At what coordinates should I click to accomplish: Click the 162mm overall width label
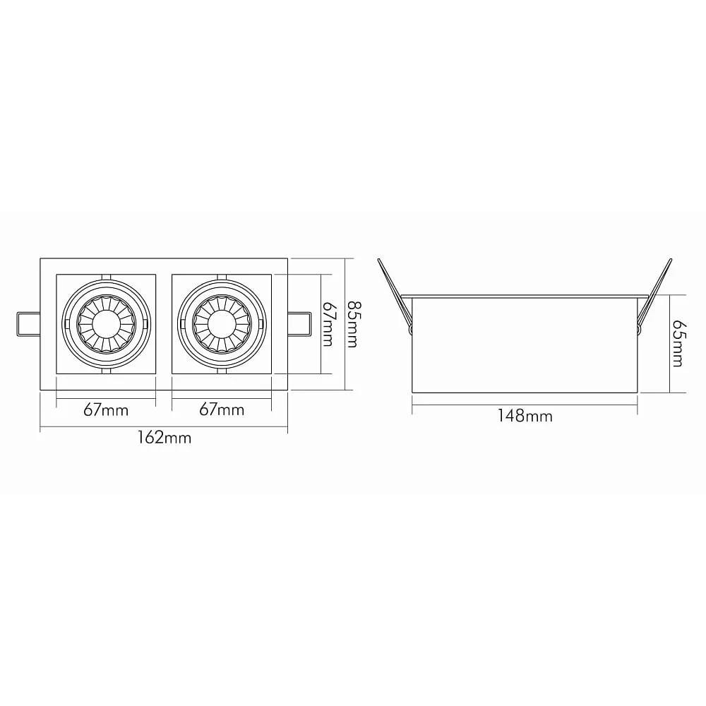[164, 438]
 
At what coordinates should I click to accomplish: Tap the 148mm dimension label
[525, 416]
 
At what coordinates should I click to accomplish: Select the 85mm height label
[352, 324]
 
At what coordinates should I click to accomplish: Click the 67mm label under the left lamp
[106, 410]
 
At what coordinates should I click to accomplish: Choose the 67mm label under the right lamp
[222, 409]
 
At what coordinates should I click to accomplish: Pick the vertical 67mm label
[328, 324]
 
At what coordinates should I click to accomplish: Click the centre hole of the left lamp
[106, 323]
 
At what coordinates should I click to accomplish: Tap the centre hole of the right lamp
[222, 323]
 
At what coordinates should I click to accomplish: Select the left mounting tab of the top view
[28, 324]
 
